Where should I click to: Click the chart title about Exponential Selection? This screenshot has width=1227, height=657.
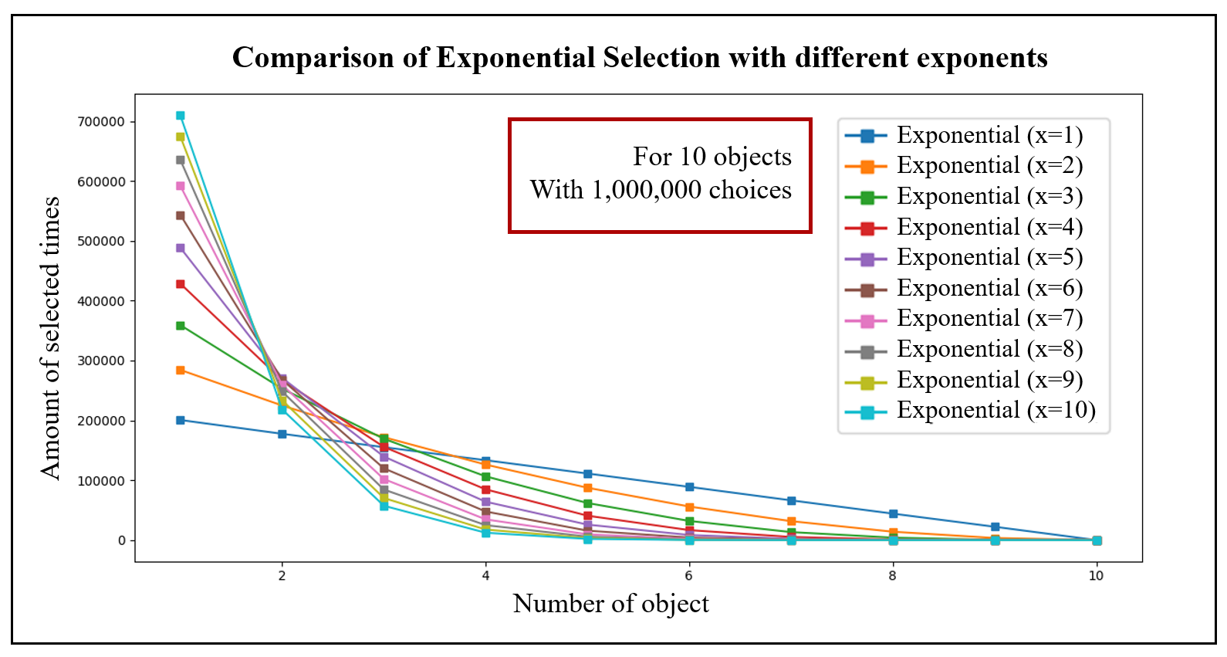click(640, 58)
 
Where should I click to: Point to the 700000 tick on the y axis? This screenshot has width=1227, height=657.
click(101, 122)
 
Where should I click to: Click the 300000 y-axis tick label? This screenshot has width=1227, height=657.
click(101, 361)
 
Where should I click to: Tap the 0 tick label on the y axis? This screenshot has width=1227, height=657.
click(122, 540)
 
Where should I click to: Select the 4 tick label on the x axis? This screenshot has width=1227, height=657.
click(485, 576)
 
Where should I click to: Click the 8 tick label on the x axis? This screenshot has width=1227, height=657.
click(893, 576)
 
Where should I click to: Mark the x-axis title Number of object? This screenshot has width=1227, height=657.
click(610, 604)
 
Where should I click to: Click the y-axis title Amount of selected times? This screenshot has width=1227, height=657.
click(50, 338)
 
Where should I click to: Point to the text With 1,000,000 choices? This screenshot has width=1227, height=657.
click(661, 190)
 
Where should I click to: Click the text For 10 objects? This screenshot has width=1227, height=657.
click(712, 157)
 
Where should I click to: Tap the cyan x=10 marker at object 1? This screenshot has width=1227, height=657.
click(181, 116)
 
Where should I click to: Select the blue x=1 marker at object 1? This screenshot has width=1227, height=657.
click(181, 420)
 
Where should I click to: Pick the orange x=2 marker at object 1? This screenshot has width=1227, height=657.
click(181, 371)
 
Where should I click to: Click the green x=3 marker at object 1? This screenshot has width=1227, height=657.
click(181, 326)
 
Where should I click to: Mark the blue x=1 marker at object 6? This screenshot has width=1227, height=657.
click(689, 487)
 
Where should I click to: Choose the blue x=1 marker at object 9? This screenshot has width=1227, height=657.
click(995, 527)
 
